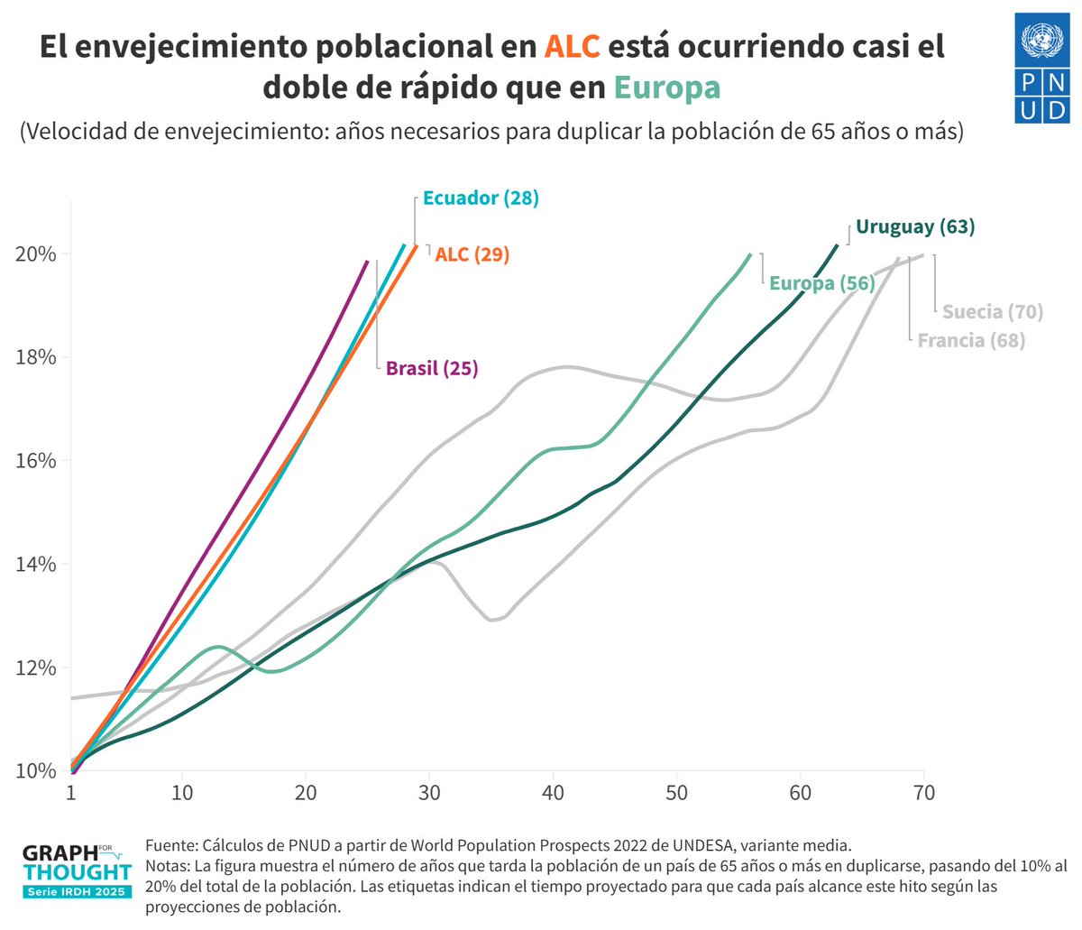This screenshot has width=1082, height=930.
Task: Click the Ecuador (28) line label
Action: pyautogui.click(x=480, y=198)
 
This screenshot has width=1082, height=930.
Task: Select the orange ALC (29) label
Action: pyautogui.click(x=472, y=254)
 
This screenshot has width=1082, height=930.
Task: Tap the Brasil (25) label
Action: pyautogui.click(x=432, y=368)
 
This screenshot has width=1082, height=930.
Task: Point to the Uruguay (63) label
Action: pyautogui.click(x=915, y=226)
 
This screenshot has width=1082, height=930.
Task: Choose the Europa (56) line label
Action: pyautogui.click(x=821, y=283)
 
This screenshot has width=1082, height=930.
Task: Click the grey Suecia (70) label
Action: pyautogui.click(x=993, y=312)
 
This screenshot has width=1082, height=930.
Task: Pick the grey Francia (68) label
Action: pyautogui.click(x=971, y=341)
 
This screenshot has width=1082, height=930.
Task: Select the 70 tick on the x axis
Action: pyautogui.click(x=923, y=793)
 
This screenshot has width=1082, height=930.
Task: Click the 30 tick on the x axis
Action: pyautogui.click(x=429, y=793)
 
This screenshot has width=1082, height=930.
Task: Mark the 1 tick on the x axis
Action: pyautogui.click(x=71, y=793)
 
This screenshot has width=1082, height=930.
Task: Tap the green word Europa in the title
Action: pyautogui.click(x=667, y=87)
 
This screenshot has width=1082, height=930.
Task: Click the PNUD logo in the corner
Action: pyautogui.click(x=1041, y=69)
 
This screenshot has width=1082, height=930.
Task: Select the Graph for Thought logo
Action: pyautogui.click(x=77, y=871)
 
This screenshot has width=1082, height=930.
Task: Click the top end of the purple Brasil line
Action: pyautogui.click(x=367, y=261)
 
